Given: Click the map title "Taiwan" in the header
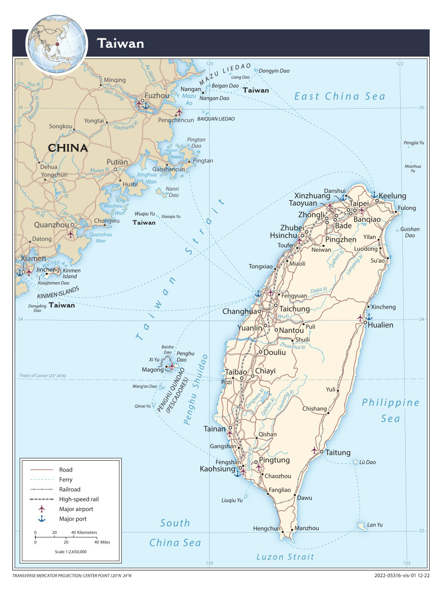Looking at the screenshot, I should click(x=120, y=43).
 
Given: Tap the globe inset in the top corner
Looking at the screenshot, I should click(x=57, y=44).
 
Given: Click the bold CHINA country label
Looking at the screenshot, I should click(x=68, y=147).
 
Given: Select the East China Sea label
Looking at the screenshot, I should click(x=339, y=96).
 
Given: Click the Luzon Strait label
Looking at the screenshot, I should click(x=285, y=557).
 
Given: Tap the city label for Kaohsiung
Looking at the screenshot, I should click(x=218, y=469).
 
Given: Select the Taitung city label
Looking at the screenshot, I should click(x=338, y=452).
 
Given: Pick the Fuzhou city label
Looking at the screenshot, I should click(x=157, y=95).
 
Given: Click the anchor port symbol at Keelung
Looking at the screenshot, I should click(x=374, y=195).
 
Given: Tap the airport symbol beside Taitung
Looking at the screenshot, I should click(x=315, y=450).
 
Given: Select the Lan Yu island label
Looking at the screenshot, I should click(x=375, y=525).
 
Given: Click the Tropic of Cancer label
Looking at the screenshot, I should click(x=43, y=376).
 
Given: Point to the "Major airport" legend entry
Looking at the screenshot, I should click(x=76, y=509).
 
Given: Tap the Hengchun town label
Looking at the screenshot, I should click(x=266, y=529).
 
